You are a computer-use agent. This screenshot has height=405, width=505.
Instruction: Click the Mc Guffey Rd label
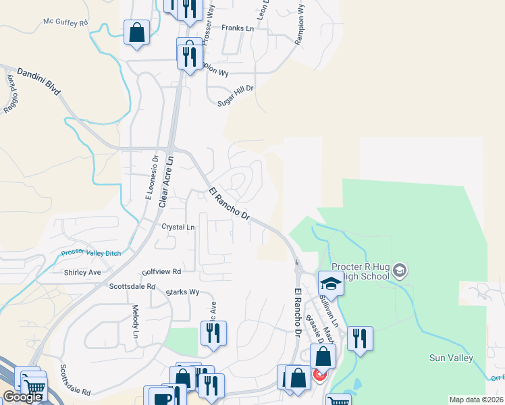point(66,22)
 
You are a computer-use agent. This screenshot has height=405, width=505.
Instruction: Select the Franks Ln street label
point(237,28)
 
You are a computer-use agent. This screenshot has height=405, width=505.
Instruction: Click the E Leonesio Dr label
point(151,178)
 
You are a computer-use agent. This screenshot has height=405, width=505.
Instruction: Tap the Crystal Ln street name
point(178,227)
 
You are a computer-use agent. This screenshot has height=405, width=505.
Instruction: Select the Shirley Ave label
point(82,273)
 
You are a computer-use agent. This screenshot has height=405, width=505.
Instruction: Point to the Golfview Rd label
point(162,271)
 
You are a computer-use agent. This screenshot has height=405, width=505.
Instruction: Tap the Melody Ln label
point(136,322)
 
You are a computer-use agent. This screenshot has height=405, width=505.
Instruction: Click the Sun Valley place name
point(450,358)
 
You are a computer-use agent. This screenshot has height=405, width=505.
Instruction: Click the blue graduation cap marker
point(331,282)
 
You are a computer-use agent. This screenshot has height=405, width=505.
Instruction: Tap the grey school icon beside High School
point(400,271)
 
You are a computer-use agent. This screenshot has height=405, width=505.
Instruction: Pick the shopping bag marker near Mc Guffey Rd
point(136,32)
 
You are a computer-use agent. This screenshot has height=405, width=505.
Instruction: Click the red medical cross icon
point(319,375)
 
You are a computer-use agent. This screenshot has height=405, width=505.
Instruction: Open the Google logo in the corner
point(22,397)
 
